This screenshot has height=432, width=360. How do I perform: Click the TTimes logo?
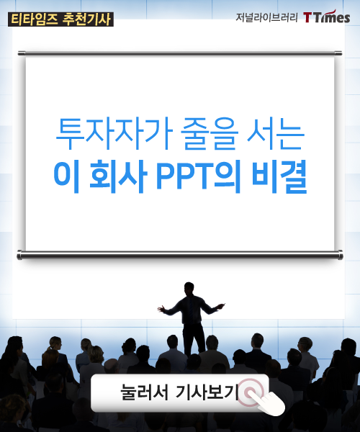click(x=327, y=17)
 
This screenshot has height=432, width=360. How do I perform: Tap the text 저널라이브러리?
click(x=266, y=17)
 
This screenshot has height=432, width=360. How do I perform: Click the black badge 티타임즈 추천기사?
click(x=60, y=19)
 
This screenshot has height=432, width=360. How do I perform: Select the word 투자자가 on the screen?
click(x=114, y=134)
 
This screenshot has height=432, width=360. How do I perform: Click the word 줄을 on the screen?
click(x=210, y=134)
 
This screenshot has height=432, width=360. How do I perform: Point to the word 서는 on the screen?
click(x=276, y=134)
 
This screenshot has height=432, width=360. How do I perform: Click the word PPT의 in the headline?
click(x=199, y=177)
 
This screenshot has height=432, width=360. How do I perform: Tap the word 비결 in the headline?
click(x=279, y=177)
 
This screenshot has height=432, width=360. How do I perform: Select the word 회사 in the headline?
click(x=118, y=177)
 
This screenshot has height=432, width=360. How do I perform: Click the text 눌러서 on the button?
click(x=144, y=392)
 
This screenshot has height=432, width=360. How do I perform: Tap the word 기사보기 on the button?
click(x=207, y=392)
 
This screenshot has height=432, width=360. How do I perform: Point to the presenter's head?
click(x=189, y=289)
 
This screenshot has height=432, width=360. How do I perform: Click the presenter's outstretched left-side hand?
click(x=161, y=309)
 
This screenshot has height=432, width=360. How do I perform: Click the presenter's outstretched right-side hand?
click(x=221, y=306)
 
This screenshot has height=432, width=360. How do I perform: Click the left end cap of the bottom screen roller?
click(x=19, y=255)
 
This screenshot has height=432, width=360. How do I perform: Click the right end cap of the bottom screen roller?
click(x=341, y=255)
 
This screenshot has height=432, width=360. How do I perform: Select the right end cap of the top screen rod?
click(x=338, y=53)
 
